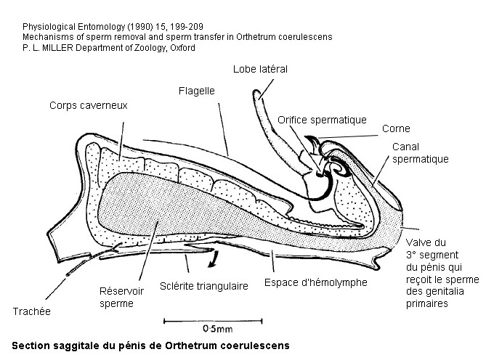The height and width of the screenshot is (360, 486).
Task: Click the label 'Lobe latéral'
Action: pos(260,69)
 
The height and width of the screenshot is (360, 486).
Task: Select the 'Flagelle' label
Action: pos(197,91)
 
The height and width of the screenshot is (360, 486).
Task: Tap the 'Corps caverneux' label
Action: pos(89,105)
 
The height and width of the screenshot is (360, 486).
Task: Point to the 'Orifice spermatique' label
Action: pos(322,120)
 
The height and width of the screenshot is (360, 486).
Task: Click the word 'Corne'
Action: pos(396,128)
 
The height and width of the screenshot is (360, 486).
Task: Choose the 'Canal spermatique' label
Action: pos(421,153)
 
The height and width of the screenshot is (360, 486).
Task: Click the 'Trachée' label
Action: pos(32,311)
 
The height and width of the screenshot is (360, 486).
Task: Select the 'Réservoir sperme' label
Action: pos(121,297)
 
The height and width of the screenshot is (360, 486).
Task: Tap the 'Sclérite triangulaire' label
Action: pos(204,286)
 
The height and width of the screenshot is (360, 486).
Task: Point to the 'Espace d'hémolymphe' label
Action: pos(316,282)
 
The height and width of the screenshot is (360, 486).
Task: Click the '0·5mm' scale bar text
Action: pos(218,329)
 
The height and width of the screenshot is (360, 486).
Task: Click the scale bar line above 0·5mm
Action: pos(213,322)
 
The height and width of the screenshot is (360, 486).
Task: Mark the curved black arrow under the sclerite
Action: pos(214,259)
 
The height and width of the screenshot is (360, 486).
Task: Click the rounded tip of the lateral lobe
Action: pos(256,92)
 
